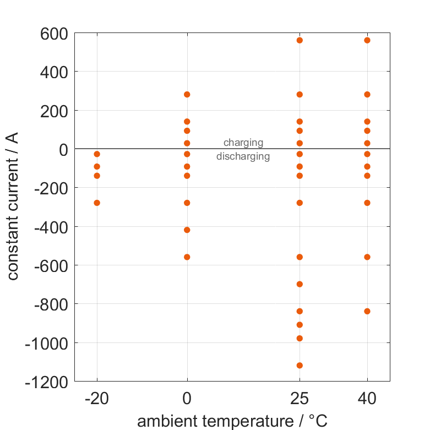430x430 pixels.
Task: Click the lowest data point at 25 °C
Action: point(300,365)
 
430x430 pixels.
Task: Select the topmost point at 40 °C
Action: point(367,40)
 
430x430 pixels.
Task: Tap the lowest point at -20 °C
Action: point(97,203)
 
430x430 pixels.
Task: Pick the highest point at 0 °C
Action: point(187,94)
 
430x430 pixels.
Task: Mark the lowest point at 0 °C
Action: point(187,257)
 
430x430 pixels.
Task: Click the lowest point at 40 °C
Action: point(367,311)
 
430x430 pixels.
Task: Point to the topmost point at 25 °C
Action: point(300,40)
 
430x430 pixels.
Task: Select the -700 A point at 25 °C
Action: point(300,284)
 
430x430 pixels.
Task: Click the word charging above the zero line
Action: point(243,143)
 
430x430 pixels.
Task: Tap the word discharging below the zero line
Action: point(243,156)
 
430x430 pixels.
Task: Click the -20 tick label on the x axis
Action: point(97,399)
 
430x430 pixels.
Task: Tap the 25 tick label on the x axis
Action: point(300,399)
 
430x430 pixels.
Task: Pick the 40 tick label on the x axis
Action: point(367,399)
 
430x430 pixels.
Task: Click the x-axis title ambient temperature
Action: point(232,421)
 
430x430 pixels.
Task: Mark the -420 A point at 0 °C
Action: point(187,230)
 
